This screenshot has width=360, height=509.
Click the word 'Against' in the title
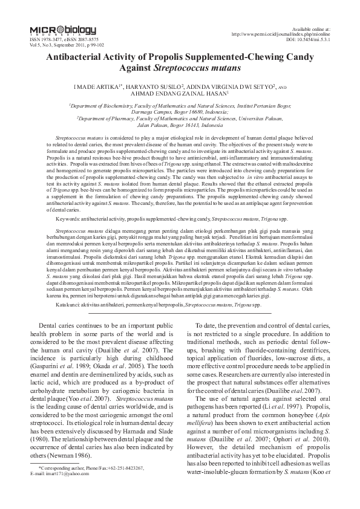(x=141, y=68)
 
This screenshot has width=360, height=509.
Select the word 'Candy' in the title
(x=296, y=56)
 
